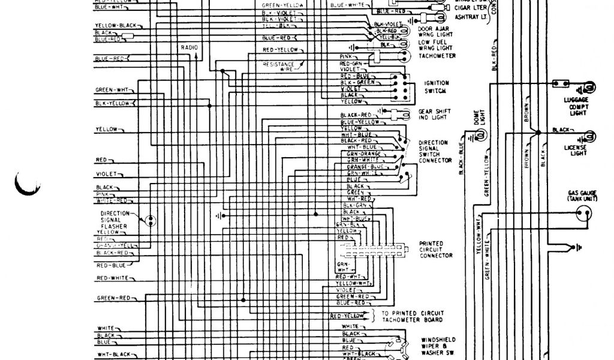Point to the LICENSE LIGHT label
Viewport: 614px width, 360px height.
coord(577,149)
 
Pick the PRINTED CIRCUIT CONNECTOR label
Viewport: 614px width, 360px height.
coord(436,250)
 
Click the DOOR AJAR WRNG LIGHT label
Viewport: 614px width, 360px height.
coord(433,32)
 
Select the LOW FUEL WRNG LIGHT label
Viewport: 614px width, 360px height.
coord(434,44)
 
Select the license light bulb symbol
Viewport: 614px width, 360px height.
coord(590,134)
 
